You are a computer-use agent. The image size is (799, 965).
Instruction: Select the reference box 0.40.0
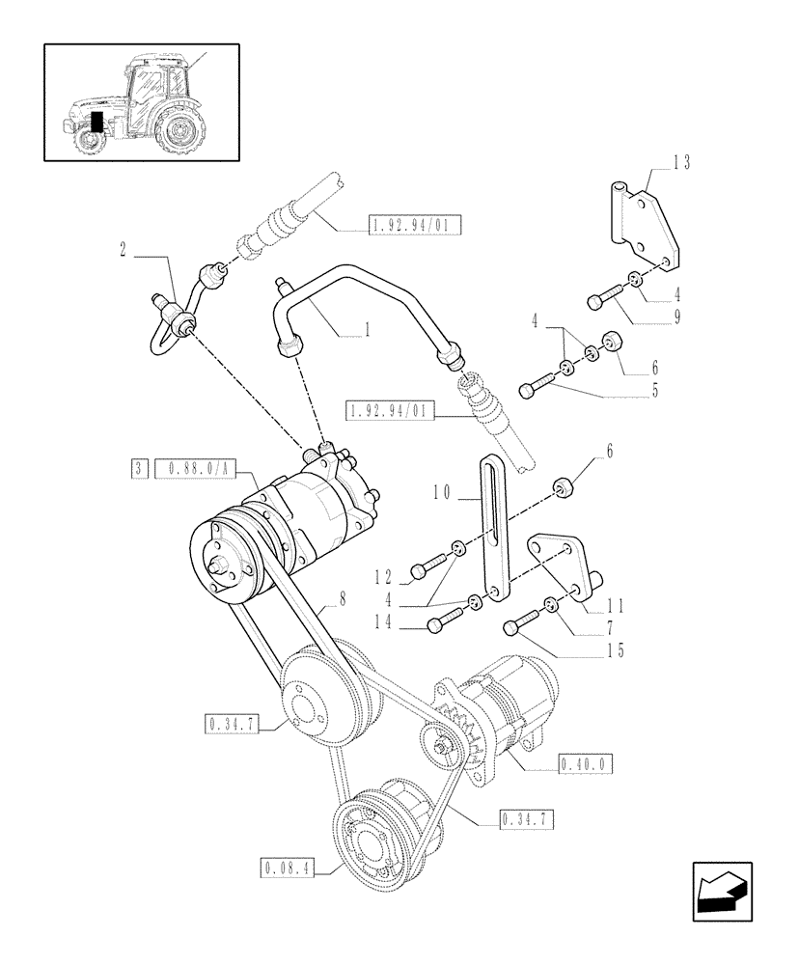click(586, 764)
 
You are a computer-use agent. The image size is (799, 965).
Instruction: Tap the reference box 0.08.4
click(288, 867)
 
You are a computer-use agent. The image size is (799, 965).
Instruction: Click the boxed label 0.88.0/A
click(195, 469)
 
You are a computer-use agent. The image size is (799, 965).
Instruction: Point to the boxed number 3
click(140, 469)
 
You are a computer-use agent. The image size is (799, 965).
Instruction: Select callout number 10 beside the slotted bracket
click(443, 492)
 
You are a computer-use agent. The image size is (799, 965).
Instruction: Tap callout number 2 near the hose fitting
click(124, 249)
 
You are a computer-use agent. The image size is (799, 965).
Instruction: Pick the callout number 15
click(615, 650)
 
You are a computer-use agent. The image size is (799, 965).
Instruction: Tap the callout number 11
click(616, 606)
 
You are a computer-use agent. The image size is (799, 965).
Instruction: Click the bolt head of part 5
click(527, 391)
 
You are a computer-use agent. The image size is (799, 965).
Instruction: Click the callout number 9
click(678, 316)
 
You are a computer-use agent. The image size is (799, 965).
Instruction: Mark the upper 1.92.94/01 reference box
click(414, 227)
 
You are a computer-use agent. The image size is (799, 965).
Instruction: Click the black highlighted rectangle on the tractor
click(96, 122)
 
